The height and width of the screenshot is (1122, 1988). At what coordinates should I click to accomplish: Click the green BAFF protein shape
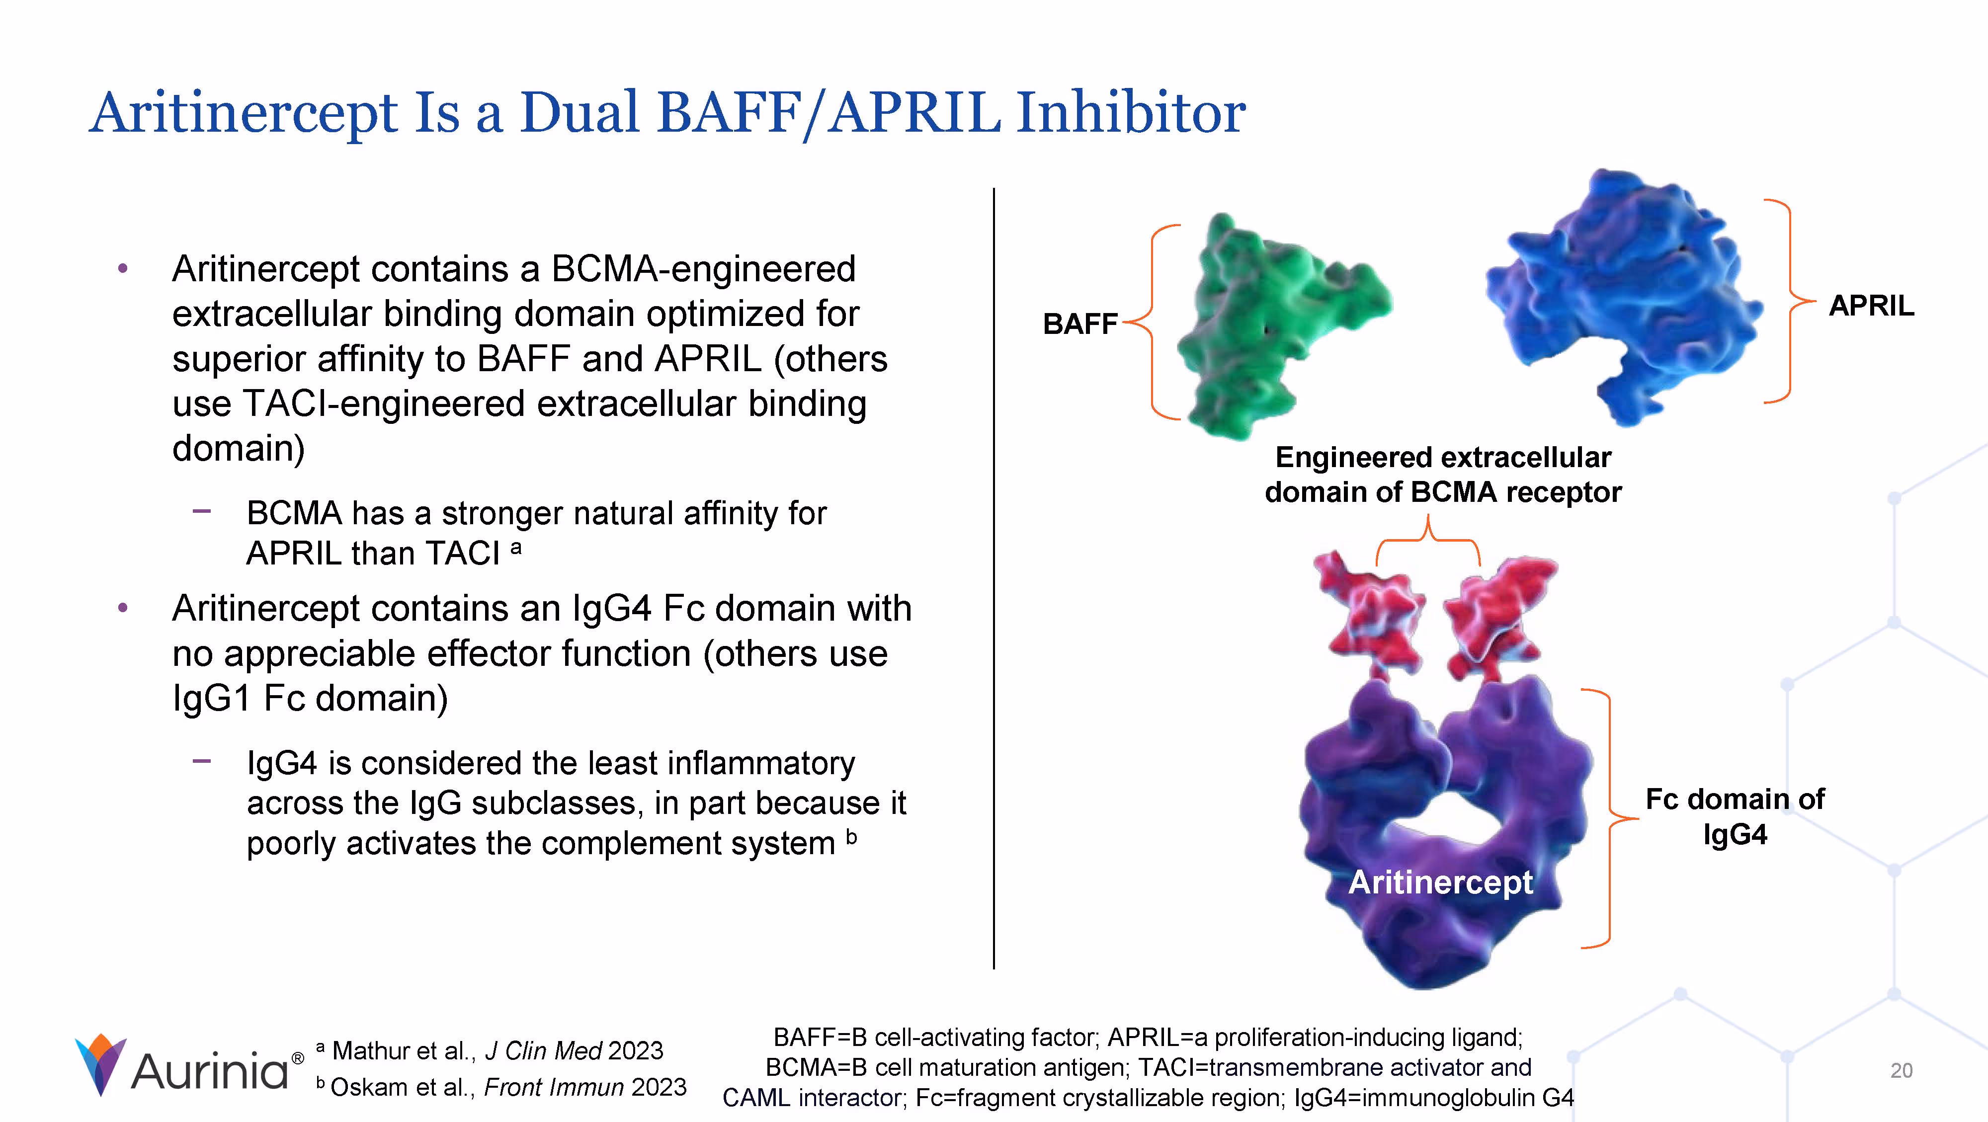click(1266, 324)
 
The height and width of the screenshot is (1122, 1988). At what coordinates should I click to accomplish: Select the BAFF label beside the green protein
click(1079, 324)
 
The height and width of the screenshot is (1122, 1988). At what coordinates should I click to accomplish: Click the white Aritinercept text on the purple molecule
click(1440, 882)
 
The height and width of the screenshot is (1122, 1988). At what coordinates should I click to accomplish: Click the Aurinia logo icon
click(100, 1065)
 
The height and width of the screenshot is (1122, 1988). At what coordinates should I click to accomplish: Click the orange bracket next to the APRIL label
click(1787, 301)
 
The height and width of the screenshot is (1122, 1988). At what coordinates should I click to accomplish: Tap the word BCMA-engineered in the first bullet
click(702, 269)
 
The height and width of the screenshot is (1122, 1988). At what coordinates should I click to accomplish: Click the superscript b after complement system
click(851, 836)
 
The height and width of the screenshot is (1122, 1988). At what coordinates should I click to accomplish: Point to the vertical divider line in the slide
click(994, 579)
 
